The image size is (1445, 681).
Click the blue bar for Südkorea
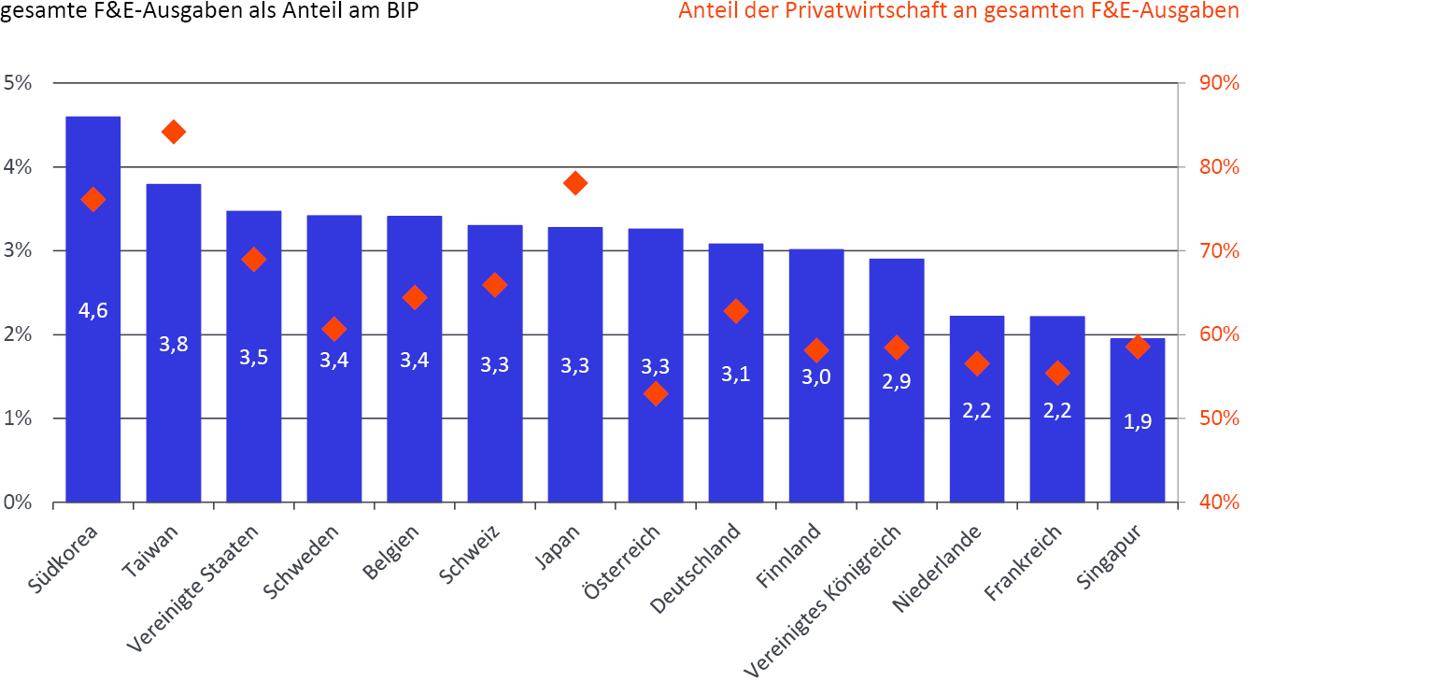(92, 392)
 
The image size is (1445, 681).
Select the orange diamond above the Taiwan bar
(174, 132)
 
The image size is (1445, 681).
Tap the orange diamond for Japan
(575, 183)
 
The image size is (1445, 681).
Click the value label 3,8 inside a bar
(174, 344)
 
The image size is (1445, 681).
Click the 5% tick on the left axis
(18, 83)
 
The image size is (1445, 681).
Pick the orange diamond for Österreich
(656, 394)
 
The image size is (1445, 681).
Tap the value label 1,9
(1138, 421)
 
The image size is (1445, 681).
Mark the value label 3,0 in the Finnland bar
(816, 376)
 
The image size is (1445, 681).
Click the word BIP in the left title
(398, 11)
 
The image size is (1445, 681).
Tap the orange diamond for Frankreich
(1057, 373)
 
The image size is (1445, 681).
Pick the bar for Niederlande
(977, 448)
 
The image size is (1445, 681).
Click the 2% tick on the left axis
(18, 334)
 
